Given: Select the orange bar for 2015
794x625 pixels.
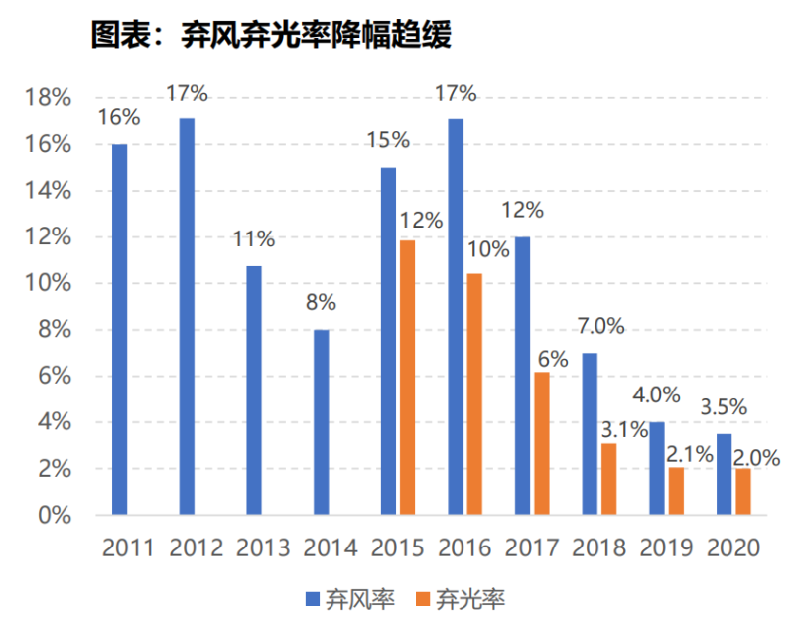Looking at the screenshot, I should click(407, 378).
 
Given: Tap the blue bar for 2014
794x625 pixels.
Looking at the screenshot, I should click(321, 422).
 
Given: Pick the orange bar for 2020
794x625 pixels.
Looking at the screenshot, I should click(743, 492).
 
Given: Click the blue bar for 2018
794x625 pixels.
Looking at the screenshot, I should click(590, 433).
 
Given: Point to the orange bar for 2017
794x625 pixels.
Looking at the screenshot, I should click(541, 443).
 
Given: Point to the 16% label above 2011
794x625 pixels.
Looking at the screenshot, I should click(119, 117).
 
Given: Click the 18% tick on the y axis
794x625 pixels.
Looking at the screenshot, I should click(47, 98).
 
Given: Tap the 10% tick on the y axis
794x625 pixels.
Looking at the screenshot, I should click(47, 284).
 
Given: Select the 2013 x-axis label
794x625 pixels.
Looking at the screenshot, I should click(262, 547).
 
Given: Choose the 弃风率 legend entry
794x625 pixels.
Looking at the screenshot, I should click(350, 598).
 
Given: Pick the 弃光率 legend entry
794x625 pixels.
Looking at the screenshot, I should click(463, 598).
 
